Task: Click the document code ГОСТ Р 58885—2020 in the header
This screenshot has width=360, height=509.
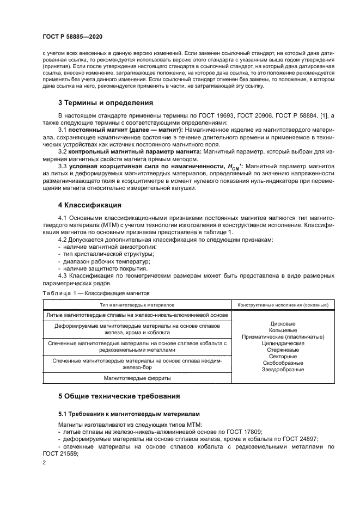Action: point(72,36)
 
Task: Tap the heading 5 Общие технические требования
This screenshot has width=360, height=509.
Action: point(119,396)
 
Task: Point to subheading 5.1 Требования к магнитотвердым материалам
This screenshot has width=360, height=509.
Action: point(129,414)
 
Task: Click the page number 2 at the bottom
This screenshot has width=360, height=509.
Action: point(44,462)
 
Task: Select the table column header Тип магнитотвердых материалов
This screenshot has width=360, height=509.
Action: point(137,304)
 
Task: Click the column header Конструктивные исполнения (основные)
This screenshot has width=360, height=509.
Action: point(283,304)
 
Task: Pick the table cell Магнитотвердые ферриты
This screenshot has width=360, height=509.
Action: point(137,378)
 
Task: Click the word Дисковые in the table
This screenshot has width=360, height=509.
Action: point(283,323)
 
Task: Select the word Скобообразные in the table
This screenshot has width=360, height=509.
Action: point(283,363)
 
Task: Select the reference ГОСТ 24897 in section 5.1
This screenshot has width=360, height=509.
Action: point(300,439)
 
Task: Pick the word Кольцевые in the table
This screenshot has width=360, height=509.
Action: point(283,330)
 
